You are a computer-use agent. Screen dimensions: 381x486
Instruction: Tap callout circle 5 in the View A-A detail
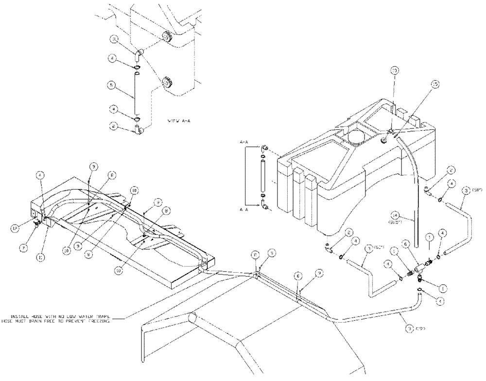(x=112, y=84)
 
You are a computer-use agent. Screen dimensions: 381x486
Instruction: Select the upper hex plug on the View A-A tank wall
(x=167, y=36)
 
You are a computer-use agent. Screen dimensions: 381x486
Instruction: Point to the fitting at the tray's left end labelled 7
(x=37, y=224)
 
